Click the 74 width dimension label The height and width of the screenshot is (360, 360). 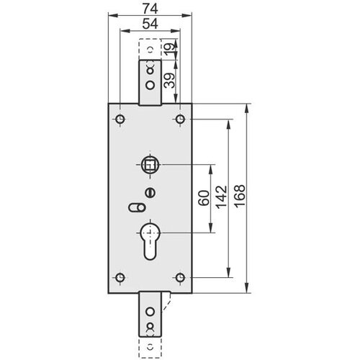tap(150, 9)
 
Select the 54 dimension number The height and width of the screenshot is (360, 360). tap(150, 24)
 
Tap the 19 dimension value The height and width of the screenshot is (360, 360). tap(169, 50)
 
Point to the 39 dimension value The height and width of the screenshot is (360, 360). tap(169, 81)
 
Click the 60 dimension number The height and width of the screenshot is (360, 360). tap(204, 198)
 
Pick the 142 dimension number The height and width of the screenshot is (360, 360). tap(221, 197)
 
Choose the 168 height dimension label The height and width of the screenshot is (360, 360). tap(240, 196)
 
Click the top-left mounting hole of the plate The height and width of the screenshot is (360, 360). tap(120, 119)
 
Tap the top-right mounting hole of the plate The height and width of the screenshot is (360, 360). tap(180, 119)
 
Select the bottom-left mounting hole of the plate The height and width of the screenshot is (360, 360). tap(120, 277)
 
